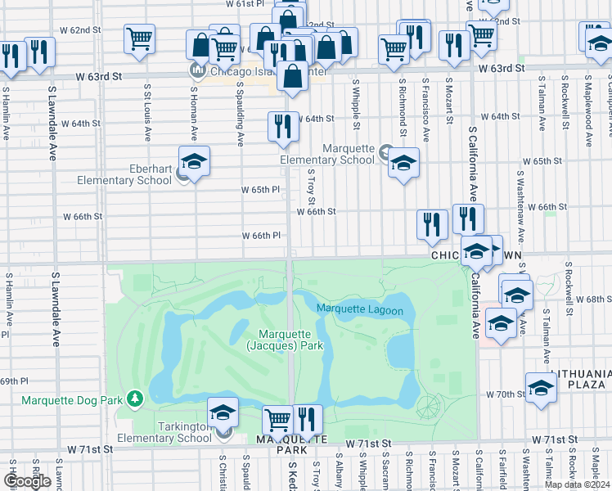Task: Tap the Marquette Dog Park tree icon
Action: tap(135, 399)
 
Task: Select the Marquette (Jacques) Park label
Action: tap(290, 340)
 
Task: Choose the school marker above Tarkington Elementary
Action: tap(223, 412)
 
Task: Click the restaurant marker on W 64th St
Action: tap(283, 126)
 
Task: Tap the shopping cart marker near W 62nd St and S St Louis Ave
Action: tap(140, 38)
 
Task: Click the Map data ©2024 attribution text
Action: tap(577, 484)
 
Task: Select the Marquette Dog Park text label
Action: tap(72, 399)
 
